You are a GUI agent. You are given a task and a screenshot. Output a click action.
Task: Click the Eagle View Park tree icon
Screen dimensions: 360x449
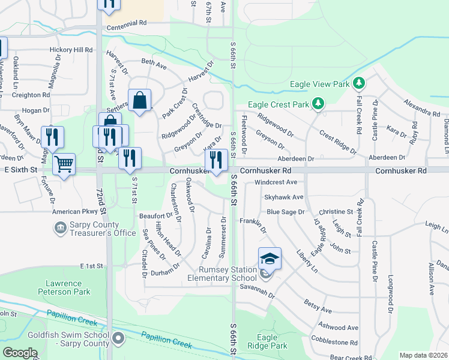pos(359,83)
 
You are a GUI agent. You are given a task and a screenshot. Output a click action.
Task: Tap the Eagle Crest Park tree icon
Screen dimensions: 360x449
pos(318,104)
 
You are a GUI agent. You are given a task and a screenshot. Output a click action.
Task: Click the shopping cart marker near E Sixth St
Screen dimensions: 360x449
pos(64,163)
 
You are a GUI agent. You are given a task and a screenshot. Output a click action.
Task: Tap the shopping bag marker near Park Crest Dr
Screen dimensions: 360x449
pos(139,101)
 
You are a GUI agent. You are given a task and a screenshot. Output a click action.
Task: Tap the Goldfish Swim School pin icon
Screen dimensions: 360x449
pos(118,339)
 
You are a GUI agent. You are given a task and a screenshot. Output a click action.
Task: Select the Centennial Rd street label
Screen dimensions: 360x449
pos(127,28)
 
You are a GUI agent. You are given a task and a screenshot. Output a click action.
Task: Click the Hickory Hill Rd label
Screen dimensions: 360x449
pos(71,50)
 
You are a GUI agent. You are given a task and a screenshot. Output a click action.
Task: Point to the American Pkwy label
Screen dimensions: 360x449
pos(74,212)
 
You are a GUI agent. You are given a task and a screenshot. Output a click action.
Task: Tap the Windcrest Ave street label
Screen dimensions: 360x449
pos(276,182)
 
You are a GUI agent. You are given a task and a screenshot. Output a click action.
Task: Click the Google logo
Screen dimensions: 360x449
pos(20,353)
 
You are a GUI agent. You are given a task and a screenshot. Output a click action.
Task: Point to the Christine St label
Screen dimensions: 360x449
pos(336,212)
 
